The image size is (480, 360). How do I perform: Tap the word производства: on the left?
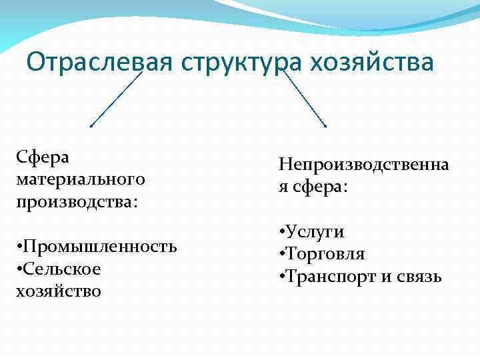[x=77, y=201]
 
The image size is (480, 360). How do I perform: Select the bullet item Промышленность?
[x=101, y=247]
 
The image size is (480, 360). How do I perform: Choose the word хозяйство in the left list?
[x=58, y=291]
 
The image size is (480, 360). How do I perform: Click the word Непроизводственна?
[x=364, y=164]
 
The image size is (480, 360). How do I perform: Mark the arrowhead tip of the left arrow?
[x=91, y=126]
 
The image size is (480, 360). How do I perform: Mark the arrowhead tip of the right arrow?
[x=326, y=126]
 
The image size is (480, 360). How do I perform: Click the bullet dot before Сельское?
[x=20, y=269]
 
